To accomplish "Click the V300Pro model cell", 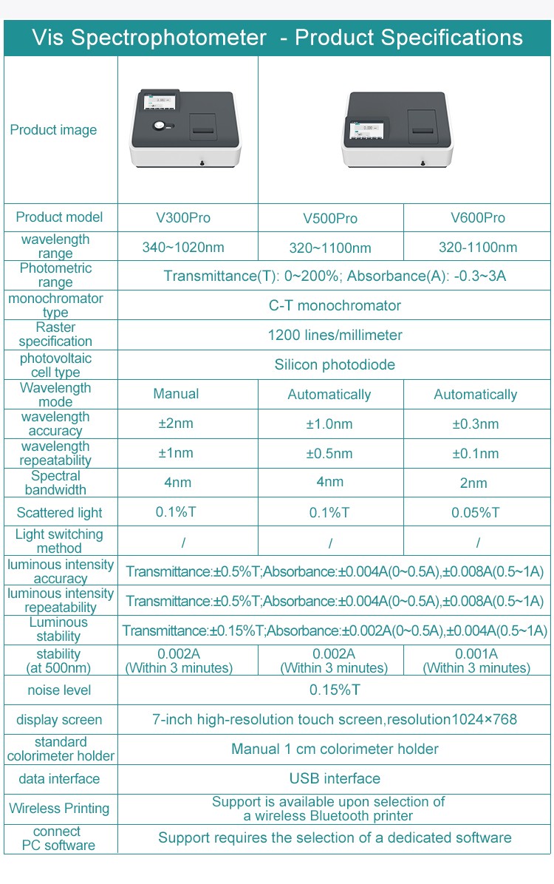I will (182, 217).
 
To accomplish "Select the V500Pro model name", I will (330, 218).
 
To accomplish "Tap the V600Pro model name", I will (478, 217).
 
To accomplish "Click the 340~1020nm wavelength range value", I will (182, 247).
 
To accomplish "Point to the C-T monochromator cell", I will (335, 305).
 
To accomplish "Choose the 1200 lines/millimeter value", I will (335, 335).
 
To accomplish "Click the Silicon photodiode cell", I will (335, 364).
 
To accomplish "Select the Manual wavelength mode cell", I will (176, 394).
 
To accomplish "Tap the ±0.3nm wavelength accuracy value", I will (476, 424).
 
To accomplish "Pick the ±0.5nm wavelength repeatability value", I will (329, 453).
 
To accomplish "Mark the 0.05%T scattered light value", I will (476, 512).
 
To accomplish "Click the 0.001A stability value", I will (476, 653).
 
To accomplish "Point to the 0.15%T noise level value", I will (335, 690).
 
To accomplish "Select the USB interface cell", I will (335, 778).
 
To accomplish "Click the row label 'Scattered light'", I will (59, 512).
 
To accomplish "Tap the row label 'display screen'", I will (59, 719).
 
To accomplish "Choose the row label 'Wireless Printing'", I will (59, 808).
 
